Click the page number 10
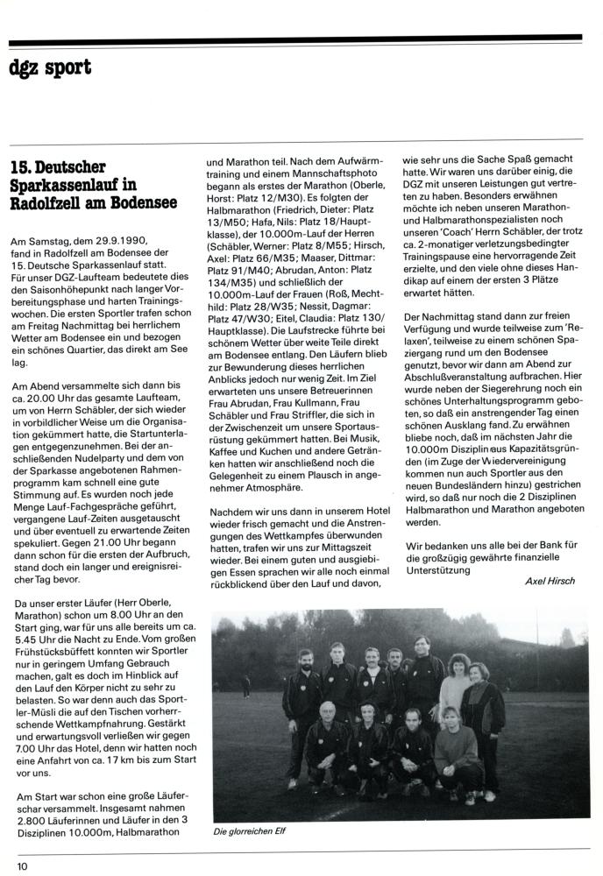(22, 866)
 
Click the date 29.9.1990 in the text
(116, 241)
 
